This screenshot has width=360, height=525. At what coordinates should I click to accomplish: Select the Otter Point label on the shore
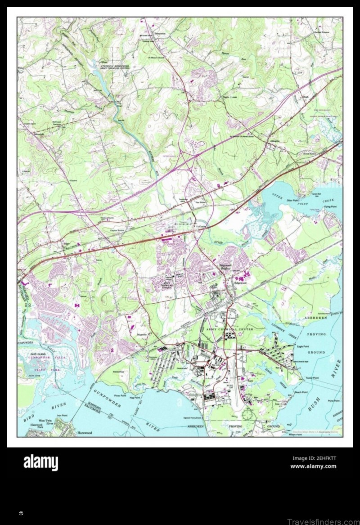point(293,200)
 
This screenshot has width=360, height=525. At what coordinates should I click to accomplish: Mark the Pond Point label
point(334,400)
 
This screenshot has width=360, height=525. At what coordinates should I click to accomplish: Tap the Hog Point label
point(135,398)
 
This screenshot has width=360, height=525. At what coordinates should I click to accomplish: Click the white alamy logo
point(40,462)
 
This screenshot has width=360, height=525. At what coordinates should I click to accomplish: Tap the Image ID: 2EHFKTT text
point(314,458)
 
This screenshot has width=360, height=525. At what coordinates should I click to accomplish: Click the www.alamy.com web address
point(313,466)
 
